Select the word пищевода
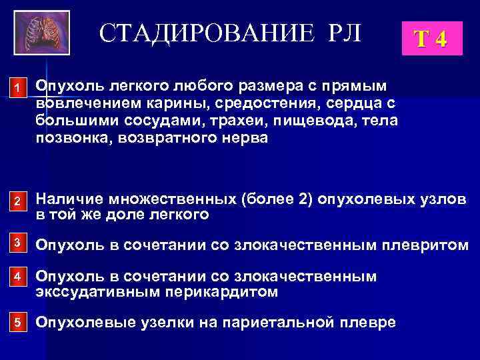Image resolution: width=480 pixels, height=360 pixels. [x=296, y=121]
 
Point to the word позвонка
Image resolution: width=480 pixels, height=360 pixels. [x=69, y=138]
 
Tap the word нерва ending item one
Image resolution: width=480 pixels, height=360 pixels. [x=243, y=138]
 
